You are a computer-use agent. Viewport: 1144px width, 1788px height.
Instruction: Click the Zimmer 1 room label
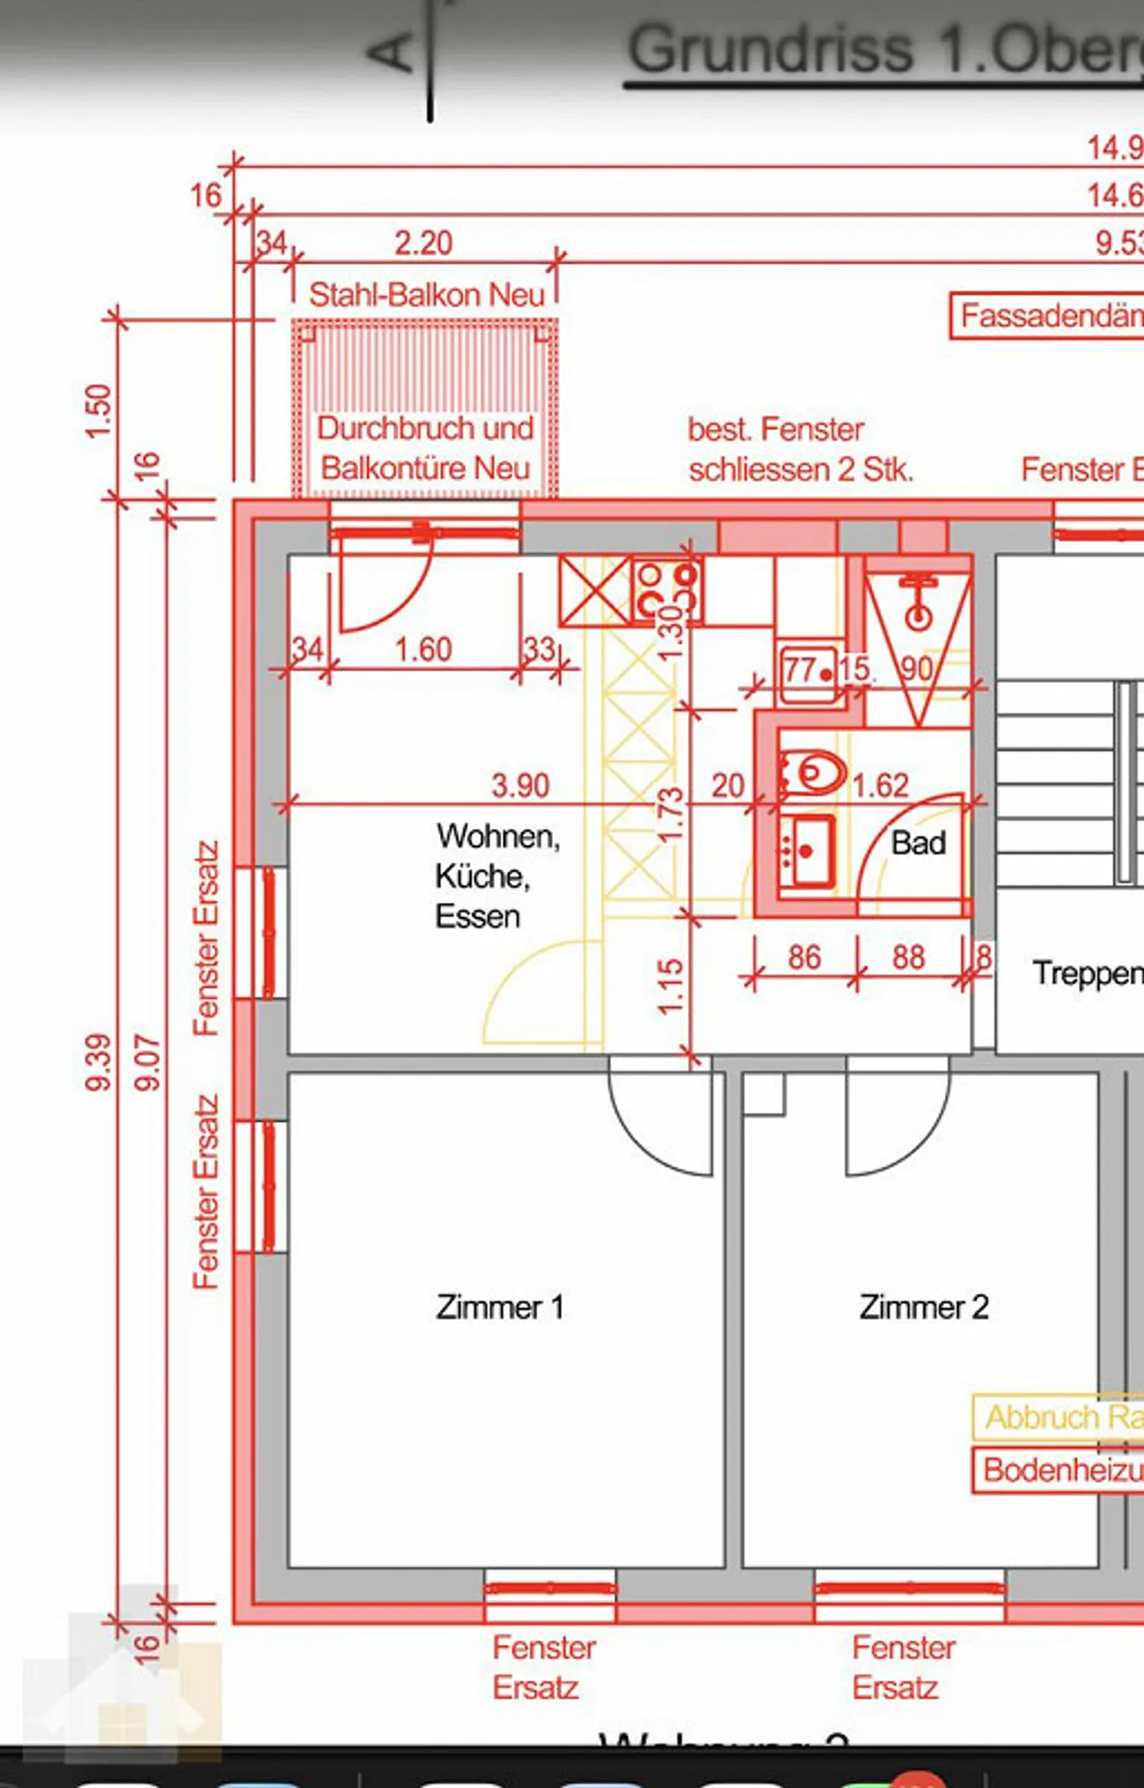[499, 1307]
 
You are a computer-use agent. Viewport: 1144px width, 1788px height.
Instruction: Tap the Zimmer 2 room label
[923, 1307]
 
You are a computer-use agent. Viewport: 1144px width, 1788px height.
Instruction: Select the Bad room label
[918, 843]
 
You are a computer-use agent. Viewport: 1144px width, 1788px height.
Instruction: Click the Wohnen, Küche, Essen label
[497, 876]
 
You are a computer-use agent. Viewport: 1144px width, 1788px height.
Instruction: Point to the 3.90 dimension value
[520, 785]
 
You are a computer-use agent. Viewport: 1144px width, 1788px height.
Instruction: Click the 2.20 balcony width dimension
[423, 243]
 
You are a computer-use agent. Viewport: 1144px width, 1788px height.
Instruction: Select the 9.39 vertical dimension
[100, 1062]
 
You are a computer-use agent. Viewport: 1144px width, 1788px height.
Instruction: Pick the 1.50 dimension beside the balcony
[99, 411]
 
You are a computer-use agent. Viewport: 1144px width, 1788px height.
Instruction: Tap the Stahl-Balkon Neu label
[427, 295]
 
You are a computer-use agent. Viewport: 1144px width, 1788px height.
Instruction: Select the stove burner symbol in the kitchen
[667, 588]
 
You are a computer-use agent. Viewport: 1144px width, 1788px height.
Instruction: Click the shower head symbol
[918, 604]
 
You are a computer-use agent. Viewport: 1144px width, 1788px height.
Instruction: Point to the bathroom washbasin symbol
[808, 850]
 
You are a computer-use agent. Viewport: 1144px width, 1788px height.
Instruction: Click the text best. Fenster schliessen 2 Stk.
[799, 450]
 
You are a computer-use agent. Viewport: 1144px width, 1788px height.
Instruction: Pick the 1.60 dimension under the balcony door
[423, 650]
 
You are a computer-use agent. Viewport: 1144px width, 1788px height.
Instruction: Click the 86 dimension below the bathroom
[804, 958]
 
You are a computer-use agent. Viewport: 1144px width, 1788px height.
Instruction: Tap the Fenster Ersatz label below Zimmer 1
[543, 1667]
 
